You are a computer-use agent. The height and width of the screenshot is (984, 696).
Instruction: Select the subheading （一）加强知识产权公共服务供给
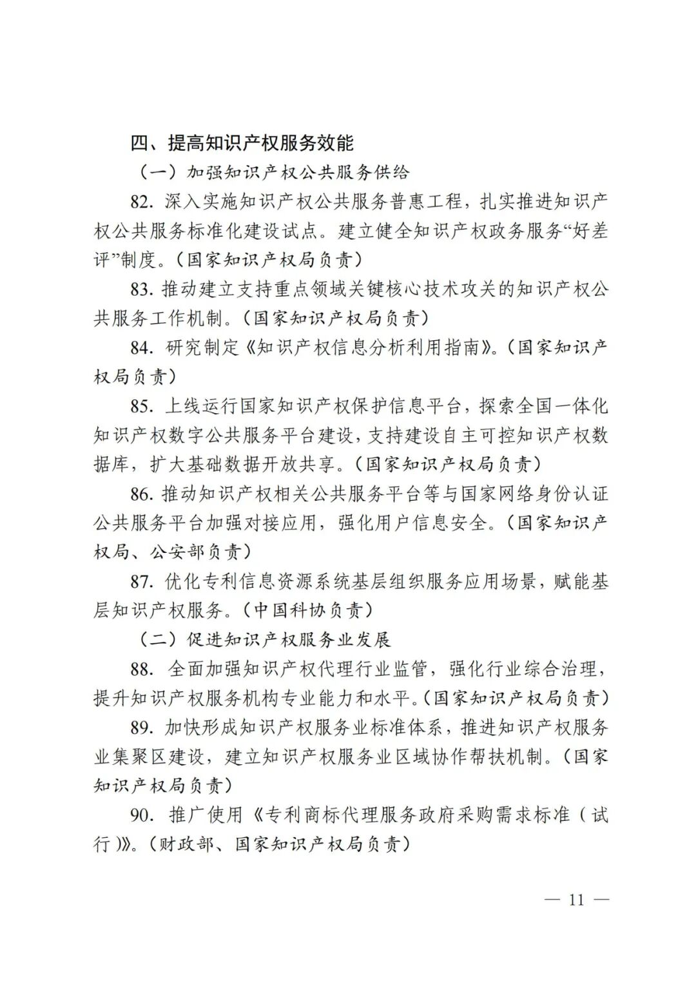[274, 172]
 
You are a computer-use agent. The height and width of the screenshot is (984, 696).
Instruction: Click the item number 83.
[140, 289]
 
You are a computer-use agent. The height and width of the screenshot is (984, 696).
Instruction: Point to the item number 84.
[140, 348]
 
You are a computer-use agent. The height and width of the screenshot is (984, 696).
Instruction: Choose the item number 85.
[140, 407]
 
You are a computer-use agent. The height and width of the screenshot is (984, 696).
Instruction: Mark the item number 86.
[140, 494]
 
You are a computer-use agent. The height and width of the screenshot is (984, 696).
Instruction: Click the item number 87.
[140, 582]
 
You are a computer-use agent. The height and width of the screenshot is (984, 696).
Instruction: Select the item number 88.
[140, 670]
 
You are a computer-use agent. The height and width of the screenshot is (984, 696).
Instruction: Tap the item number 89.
[140, 728]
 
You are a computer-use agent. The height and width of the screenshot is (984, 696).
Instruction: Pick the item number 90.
[140, 815]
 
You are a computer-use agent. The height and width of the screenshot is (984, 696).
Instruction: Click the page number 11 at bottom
[576, 900]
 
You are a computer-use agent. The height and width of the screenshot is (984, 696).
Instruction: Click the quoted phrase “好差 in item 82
[586, 231]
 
